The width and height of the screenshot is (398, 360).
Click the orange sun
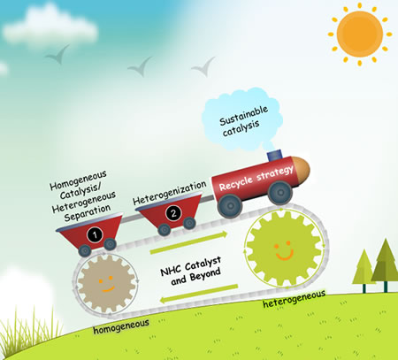(x=360, y=34)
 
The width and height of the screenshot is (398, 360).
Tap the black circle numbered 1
(x=95, y=235)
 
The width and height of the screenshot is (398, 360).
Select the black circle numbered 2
(x=173, y=213)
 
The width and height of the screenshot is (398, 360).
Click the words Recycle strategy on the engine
(x=256, y=179)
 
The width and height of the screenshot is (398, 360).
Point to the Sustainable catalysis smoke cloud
(x=241, y=119)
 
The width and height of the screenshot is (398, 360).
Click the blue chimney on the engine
(x=274, y=156)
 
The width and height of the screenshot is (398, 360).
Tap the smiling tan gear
(x=106, y=284)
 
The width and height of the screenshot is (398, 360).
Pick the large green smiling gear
(x=283, y=249)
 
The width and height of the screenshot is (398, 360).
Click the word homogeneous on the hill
(x=121, y=326)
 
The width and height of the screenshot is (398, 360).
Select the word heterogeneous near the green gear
(x=294, y=299)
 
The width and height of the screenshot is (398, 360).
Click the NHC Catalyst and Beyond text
(x=191, y=271)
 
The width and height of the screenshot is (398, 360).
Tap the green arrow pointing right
(x=188, y=242)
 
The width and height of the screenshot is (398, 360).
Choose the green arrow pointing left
(x=199, y=294)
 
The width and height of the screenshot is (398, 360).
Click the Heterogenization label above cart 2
(x=170, y=193)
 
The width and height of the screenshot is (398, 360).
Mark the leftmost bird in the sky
(x=57, y=54)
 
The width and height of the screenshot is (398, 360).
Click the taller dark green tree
(x=386, y=264)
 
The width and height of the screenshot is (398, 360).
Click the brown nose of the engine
(x=301, y=169)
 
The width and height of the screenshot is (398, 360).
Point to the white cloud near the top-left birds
(x=50, y=27)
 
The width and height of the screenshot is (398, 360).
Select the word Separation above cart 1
(x=88, y=212)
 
